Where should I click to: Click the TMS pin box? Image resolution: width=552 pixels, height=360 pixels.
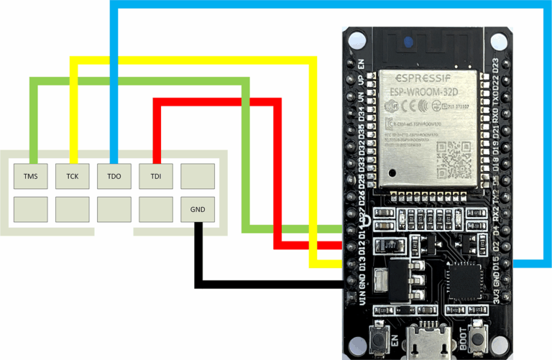(x=31, y=176)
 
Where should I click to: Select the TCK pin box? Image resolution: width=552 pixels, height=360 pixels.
(x=73, y=176)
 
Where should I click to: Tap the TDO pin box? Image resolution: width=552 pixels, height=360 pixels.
(x=114, y=176)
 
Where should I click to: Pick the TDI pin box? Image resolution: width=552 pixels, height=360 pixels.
(x=156, y=176)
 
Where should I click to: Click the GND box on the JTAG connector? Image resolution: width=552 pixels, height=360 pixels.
(x=198, y=209)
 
